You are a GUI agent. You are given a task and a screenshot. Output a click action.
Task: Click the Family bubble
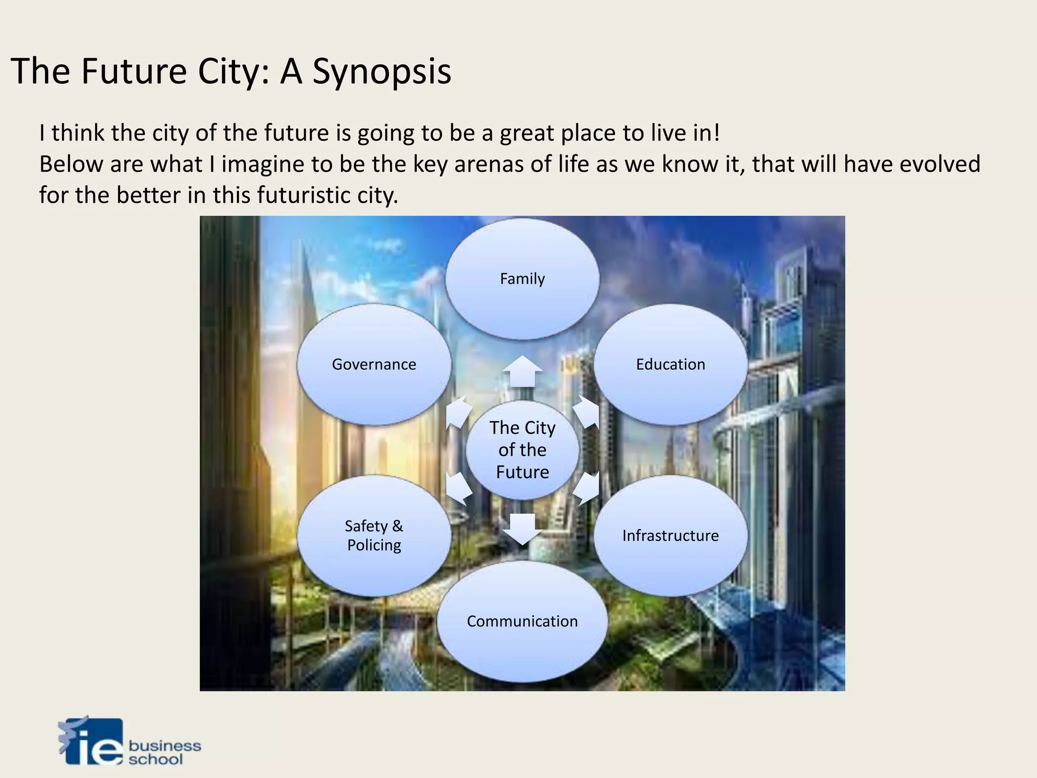tap(522, 279)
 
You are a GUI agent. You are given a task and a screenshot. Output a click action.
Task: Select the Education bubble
tap(670, 364)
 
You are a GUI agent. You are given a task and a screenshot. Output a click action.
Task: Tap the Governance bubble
tap(374, 364)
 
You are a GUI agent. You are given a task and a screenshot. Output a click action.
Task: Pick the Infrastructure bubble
tap(670, 535)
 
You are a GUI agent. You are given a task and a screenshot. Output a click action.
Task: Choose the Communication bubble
tap(522, 621)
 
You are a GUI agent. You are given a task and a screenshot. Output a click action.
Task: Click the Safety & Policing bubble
tap(374, 535)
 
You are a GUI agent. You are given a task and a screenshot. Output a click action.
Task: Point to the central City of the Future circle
tap(522, 450)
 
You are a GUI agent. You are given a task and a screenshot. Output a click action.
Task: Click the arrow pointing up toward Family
tap(522, 372)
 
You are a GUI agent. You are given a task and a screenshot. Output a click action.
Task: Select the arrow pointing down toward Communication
tap(522, 529)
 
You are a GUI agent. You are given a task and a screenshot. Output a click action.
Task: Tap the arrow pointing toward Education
tap(587, 411)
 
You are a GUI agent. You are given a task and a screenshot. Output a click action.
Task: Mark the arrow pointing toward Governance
tap(458, 411)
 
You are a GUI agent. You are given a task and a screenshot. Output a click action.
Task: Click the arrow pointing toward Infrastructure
tap(587, 489)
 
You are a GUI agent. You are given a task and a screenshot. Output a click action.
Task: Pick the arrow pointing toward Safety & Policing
tap(458, 489)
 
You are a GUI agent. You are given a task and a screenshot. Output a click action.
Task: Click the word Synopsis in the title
tap(381, 71)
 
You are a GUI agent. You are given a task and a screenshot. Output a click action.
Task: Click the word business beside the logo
tap(165, 746)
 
